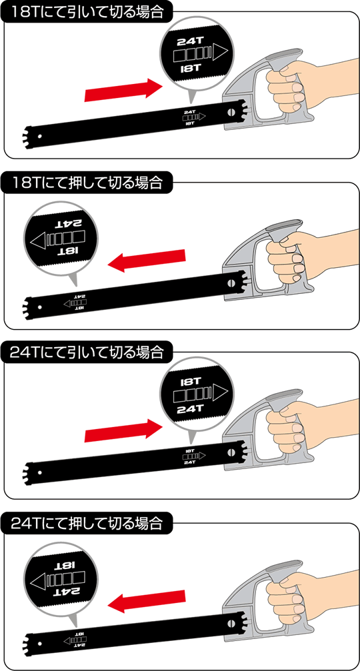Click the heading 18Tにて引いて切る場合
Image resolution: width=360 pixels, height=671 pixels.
point(88,11)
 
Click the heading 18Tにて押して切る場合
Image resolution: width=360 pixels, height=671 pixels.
point(88,183)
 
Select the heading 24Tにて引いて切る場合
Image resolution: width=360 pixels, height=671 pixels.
point(88,352)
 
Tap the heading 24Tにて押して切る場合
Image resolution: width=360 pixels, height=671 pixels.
point(88,522)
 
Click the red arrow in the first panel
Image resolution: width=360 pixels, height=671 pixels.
point(123,89)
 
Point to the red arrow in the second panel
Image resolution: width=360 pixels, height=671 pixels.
point(147,260)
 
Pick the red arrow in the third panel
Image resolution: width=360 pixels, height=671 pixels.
point(123,430)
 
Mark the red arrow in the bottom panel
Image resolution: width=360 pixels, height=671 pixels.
point(147,601)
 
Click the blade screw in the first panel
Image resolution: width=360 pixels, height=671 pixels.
point(232,112)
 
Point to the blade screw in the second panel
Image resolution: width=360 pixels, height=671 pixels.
point(232,283)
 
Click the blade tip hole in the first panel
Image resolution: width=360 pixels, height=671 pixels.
point(40,137)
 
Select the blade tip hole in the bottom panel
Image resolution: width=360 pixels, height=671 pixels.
point(40,649)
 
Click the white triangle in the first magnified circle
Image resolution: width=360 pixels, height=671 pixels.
point(220,54)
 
